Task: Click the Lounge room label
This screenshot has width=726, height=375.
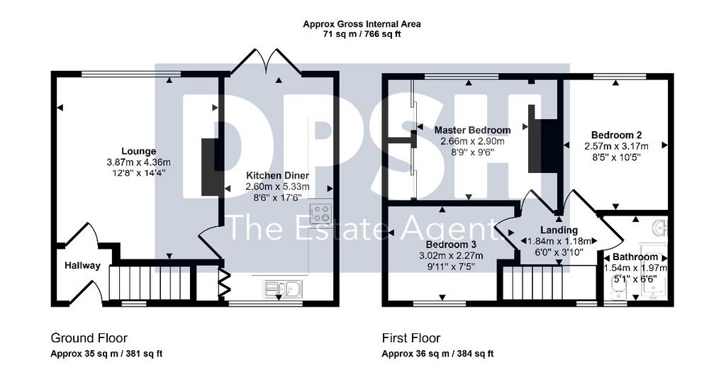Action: click(138, 152)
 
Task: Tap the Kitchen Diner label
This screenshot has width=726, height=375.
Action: click(277, 176)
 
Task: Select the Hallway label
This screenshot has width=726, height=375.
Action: click(82, 266)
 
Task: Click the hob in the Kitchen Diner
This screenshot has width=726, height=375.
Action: click(321, 213)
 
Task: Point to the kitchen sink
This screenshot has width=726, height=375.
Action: click(282, 288)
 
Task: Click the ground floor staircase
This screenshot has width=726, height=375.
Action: click(150, 283)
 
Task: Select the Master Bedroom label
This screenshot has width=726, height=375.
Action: click(472, 130)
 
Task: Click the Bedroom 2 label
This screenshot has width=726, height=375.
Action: click(616, 135)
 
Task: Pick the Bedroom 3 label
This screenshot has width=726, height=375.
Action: click(452, 245)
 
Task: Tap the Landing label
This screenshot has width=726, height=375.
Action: click(559, 230)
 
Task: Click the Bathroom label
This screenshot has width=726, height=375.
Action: click(635, 257)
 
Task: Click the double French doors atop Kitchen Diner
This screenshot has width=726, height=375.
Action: click(267, 61)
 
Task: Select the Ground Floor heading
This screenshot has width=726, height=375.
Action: click(89, 338)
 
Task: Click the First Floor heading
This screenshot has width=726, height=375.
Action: click(411, 338)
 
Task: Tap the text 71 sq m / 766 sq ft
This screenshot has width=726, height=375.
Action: click(362, 34)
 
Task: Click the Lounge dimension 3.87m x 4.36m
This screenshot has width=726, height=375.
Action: click(138, 162)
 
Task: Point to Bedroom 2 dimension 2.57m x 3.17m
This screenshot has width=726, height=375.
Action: click(616, 146)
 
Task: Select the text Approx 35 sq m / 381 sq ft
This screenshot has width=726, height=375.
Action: click(106, 354)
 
